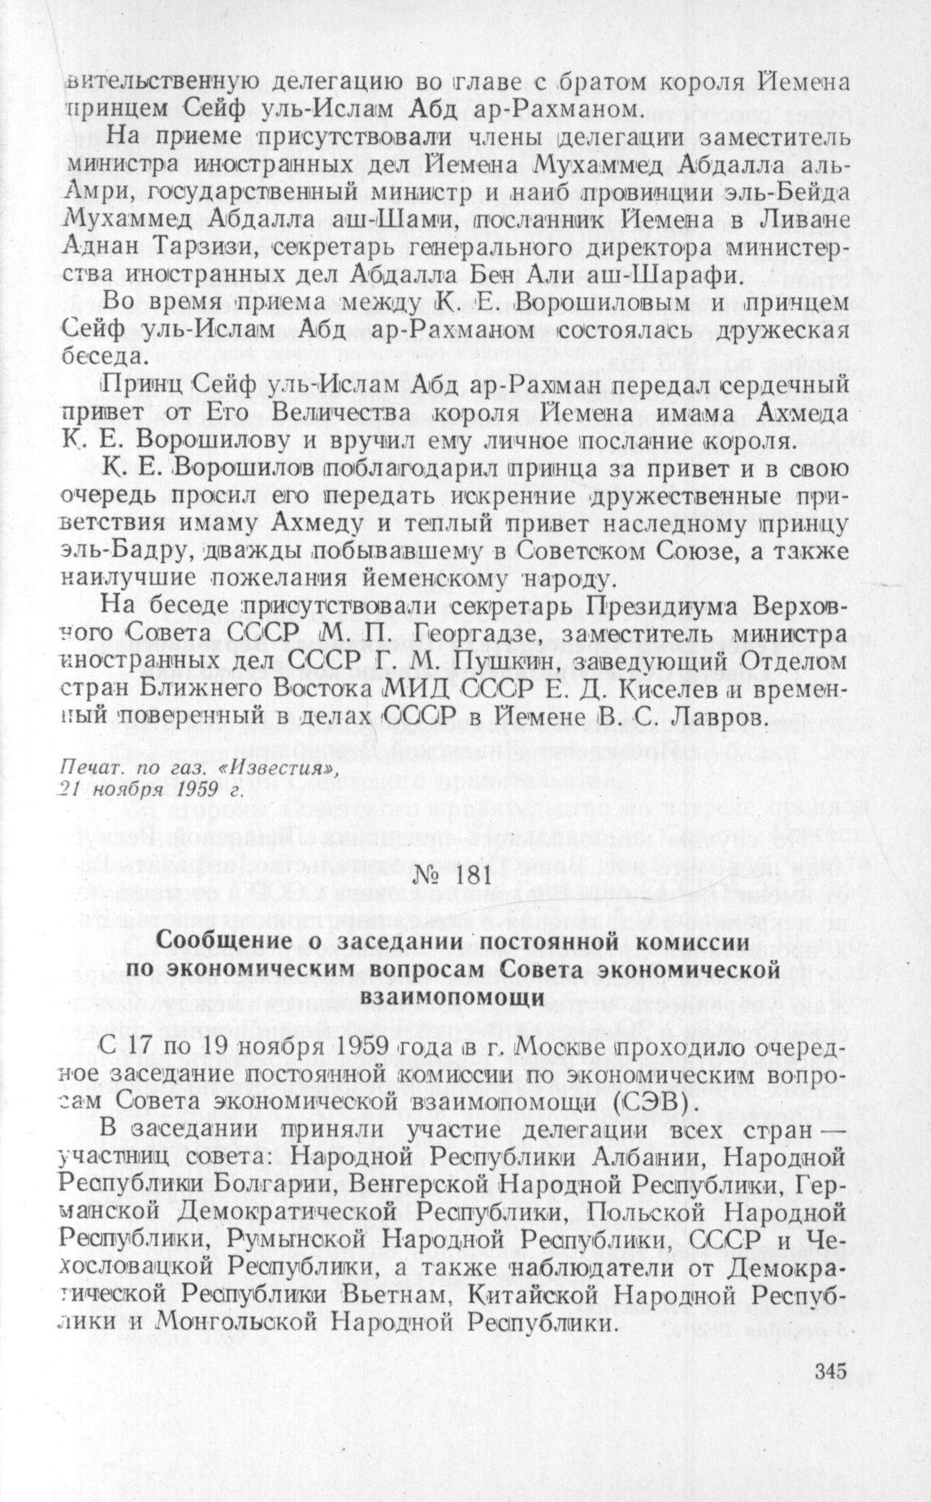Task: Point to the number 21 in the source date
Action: pos(71,787)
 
